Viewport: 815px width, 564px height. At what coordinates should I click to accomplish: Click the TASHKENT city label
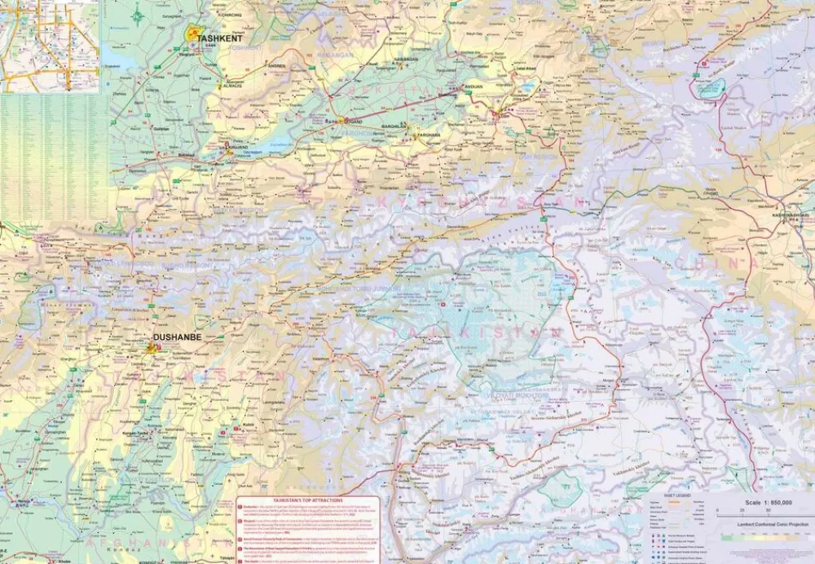tap(219, 37)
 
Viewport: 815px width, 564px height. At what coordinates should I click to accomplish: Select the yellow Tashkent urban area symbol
tap(194, 34)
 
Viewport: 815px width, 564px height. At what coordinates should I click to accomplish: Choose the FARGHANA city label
tap(430, 134)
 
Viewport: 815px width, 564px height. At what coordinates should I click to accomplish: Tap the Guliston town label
tap(161, 128)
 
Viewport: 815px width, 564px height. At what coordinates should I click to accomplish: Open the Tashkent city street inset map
tap(49, 46)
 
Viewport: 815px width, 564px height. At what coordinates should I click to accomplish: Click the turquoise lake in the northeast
tap(710, 88)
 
